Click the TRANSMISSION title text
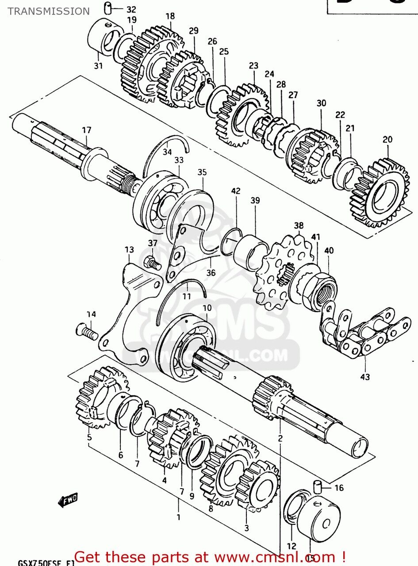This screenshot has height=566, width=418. [48, 11]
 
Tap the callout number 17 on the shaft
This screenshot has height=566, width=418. [86, 130]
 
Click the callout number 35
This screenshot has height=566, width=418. [202, 172]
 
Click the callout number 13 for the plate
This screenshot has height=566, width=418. [129, 250]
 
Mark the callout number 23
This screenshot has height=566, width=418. [253, 66]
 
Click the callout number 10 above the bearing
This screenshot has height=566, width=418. [207, 307]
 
